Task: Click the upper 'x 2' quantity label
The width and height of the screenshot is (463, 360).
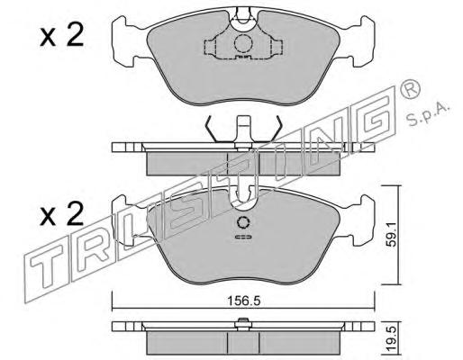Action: click(62, 36)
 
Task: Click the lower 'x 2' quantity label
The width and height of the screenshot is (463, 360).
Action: click(62, 213)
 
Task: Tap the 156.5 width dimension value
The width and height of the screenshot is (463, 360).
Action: click(243, 301)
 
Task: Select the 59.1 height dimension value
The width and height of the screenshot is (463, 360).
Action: click(391, 234)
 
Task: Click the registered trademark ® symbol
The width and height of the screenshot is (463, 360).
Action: click(411, 89)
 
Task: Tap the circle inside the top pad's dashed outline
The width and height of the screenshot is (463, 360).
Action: click(243, 44)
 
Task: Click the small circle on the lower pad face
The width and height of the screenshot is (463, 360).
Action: click(243, 222)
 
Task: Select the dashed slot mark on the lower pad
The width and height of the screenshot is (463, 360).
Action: click(243, 237)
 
